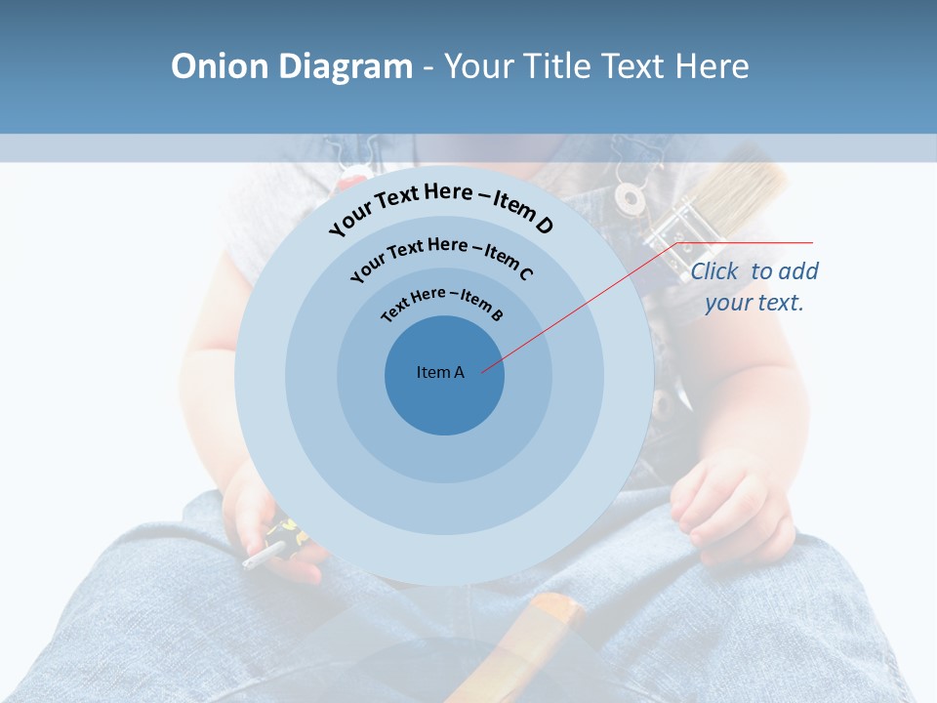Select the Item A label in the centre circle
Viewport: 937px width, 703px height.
(440, 372)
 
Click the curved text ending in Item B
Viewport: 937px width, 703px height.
(442, 302)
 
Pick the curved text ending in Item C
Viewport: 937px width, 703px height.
(441, 256)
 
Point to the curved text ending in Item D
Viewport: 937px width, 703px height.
(441, 206)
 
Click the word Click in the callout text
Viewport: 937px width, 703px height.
(715, 271)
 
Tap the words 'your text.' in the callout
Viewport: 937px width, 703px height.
(754, 303)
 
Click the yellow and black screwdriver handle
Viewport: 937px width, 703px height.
(283, 535)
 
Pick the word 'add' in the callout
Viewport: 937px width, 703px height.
(798, 271)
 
